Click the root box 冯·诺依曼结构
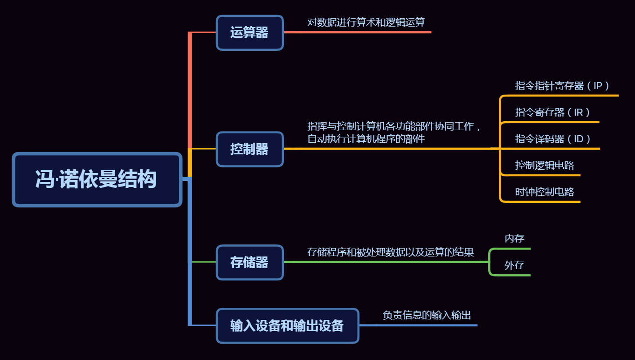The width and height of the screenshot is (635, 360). click(97, 180)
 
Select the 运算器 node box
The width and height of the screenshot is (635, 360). click(249, 33)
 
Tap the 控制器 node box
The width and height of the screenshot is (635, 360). click(249, 149)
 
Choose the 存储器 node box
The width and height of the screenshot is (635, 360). click(249, 263)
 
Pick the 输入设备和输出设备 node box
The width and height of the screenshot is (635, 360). click(287, 325)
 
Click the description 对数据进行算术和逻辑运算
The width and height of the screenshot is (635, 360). click(366, 22)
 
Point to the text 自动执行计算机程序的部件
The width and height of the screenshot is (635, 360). click(366, 139)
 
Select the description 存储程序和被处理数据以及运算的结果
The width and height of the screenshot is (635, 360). click(390, 252)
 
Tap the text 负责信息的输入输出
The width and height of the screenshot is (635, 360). click(427, 315)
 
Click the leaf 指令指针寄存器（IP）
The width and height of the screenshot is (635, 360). click(562, 86)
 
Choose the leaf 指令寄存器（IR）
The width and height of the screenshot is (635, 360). click(552, 112)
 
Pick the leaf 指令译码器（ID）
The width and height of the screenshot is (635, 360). click(553, 139)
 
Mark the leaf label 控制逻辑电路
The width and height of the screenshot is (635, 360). click(544, 165)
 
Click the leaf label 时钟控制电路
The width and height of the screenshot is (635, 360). click(544, 192)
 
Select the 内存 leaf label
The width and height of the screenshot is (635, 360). click(514, 239)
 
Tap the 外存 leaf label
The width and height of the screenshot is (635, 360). click(514, 265)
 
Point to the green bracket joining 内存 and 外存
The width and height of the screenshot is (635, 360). click(490, 262)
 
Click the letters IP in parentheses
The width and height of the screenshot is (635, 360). click(598, 86)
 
